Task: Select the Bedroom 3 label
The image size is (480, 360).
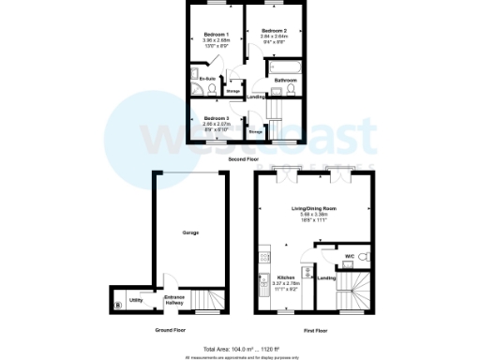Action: click(216, 117)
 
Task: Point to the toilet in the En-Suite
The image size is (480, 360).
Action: click(212, 89)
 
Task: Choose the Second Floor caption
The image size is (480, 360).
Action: click(244, 159)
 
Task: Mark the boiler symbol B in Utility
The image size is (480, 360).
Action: click(118, 305)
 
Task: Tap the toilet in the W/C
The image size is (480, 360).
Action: click(364, 256)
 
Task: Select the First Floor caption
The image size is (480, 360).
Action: click(315, 331)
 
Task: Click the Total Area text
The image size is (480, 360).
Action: click(242, 348)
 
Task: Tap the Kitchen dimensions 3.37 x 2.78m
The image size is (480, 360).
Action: click(287, 285)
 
